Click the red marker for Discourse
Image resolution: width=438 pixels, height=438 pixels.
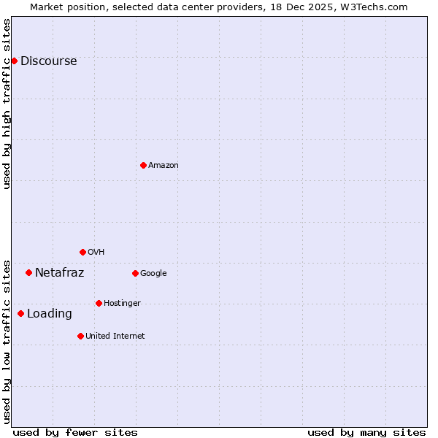coord(14,61)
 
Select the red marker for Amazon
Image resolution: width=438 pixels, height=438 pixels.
coord(143,165)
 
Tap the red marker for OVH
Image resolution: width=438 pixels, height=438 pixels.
coord(82,252)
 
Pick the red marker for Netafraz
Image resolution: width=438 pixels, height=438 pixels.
coord(28,272)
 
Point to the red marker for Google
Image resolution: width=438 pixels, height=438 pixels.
coord(135,273)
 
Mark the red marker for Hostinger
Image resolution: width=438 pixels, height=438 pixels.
coord(99,303)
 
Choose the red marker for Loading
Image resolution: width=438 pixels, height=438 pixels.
coord(20,313)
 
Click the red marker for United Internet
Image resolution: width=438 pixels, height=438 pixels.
coord(80,336)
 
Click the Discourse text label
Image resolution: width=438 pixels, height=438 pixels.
coord(48,61)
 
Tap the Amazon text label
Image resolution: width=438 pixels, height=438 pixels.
coord(164,165)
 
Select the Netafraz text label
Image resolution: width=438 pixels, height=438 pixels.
coord(59,272)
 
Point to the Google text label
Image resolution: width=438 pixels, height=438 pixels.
coord(153,273)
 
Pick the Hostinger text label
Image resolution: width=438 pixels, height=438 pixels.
coord(122,303)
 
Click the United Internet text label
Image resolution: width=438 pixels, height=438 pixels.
coord(115,336)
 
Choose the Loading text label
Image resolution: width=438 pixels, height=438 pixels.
coord(49,313)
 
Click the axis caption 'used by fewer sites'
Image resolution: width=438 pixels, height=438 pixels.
coord(75,432)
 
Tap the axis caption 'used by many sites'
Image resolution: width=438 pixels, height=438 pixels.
coord(366,432)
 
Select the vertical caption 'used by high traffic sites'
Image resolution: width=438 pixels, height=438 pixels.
coord(7,104)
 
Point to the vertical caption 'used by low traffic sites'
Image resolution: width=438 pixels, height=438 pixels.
coord(7,341)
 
